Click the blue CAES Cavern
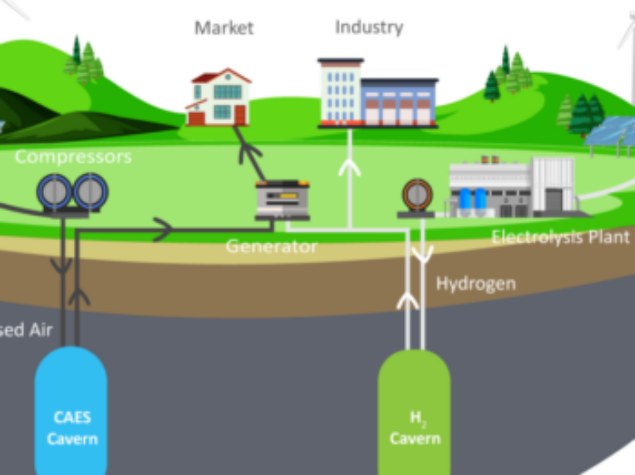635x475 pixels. pyautogui.click(x=71, y=410)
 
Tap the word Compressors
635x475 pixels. pyautogui.click(x=73, y=156)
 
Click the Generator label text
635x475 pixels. pyautogui.click(x=271, y=247)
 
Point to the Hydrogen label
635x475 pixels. pyautogui.click(x=475, y=284)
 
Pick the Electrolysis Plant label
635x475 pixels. pyautogui.click(x=560, y=237)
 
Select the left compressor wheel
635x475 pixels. pyautogui.click(x=54, y=192)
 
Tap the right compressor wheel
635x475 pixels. pyautogui.click(x=91, y=192)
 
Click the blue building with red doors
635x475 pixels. pyautogui.click(x=400, y=101)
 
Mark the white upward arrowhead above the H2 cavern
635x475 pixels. pyautogui.click(x=406, y=299)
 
